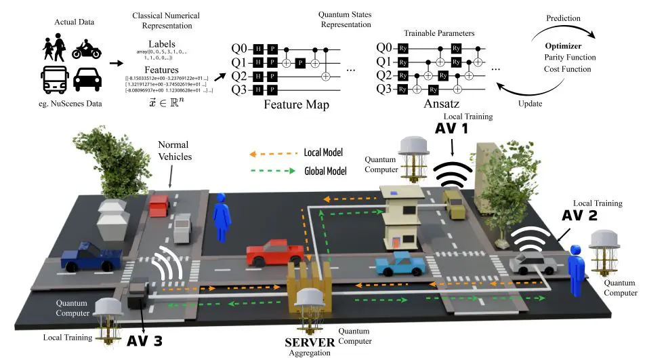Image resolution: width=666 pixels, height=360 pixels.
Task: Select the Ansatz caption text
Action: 442,105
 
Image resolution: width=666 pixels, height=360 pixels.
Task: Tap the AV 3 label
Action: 144,341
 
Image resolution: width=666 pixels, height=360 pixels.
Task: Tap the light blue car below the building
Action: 401,264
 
